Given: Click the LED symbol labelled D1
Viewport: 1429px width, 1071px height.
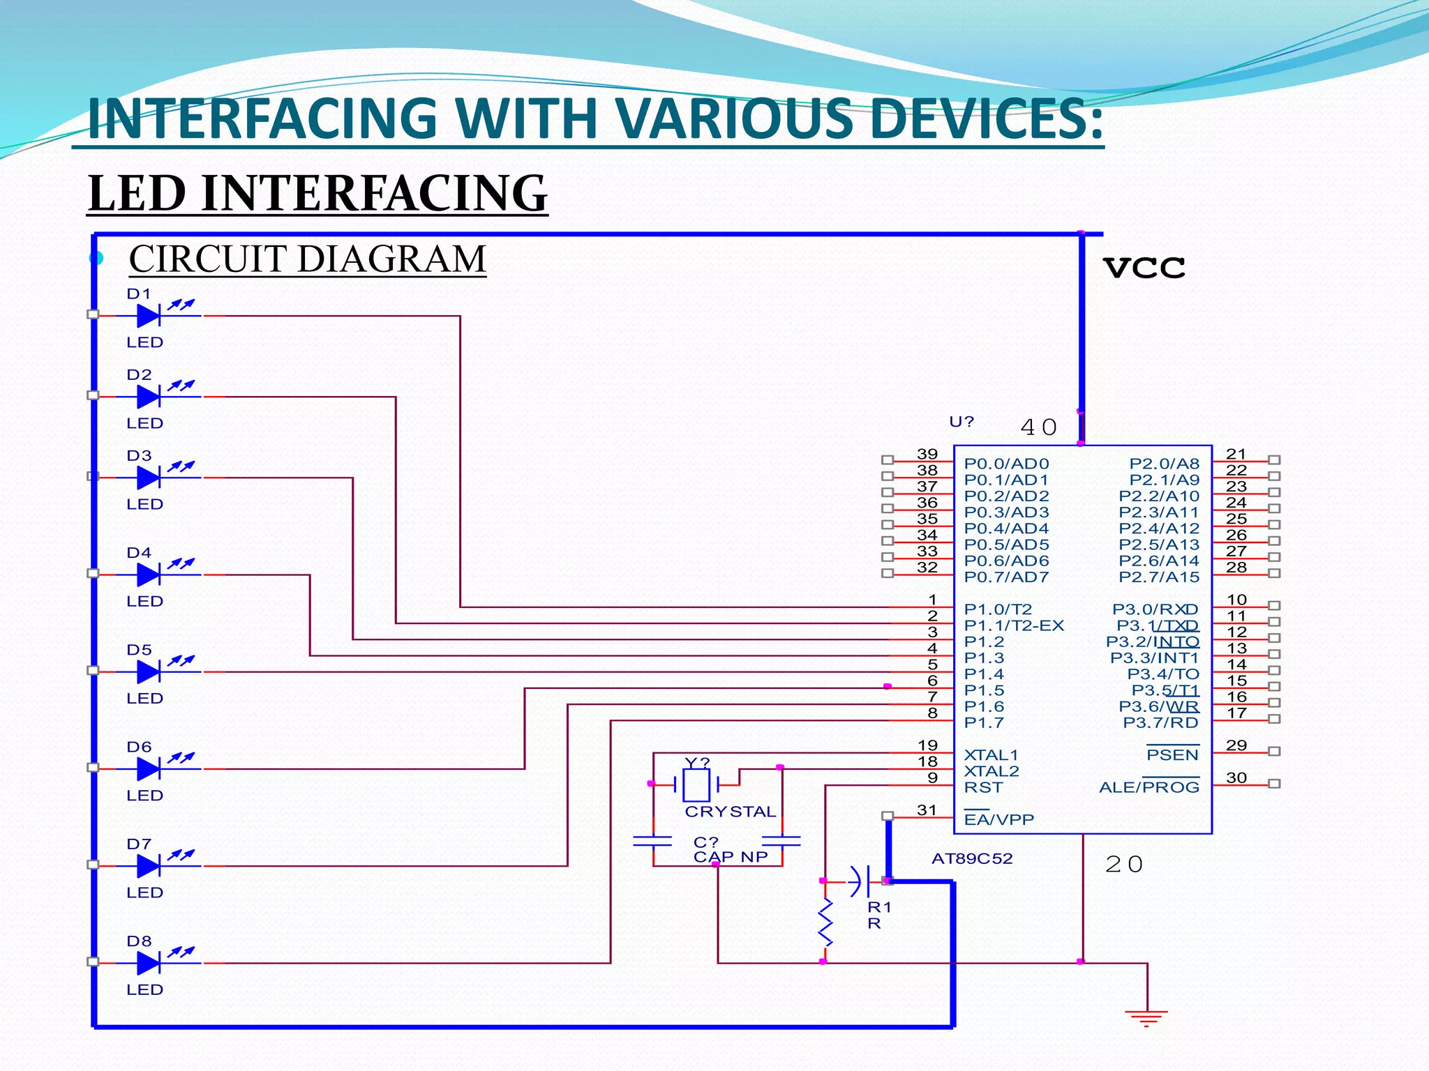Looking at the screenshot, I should click(x=149, y=316).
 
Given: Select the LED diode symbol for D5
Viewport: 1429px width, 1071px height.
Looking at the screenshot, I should click(x=149, y=671).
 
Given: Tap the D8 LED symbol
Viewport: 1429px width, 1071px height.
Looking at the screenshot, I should click(x=149, y=963).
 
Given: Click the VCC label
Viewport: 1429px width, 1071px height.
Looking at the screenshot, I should click(x=1144, y=268).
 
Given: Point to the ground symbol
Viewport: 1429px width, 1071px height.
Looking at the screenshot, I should click(x=1146, y=1017).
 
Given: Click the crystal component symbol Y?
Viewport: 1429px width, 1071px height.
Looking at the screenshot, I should click(x=696, y=785).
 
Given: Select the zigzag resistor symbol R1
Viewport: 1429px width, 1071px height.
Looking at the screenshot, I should click(x=825, y=922).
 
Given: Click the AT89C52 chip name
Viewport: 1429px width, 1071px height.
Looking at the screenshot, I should click(x=972, y=858).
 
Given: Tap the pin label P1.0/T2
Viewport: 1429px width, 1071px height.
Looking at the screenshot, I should click(x=998, y=609).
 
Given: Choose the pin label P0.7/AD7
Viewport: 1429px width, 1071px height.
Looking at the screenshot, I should click(x=1006, y=577).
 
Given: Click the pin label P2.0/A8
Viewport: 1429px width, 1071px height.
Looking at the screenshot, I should click(x=1164, y=464).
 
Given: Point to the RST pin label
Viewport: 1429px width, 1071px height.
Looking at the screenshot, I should click(x=983, y=787).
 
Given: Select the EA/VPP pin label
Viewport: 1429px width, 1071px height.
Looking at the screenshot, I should click(x=998, y=820).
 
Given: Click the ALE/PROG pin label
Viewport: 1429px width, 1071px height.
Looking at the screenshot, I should click(x=1149, y=787).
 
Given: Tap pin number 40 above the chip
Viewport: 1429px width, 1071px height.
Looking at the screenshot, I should click(x=1038, y=427).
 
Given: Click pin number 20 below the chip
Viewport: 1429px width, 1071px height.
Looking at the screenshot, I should click(x=1124, y=865).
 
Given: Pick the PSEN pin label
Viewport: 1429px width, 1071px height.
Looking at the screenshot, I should click(x=1172, y=755).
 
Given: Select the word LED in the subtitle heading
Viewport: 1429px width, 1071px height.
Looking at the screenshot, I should click(x=138, y=193).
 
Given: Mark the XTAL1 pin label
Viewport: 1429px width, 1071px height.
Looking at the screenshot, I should click(x=991, y=755).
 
